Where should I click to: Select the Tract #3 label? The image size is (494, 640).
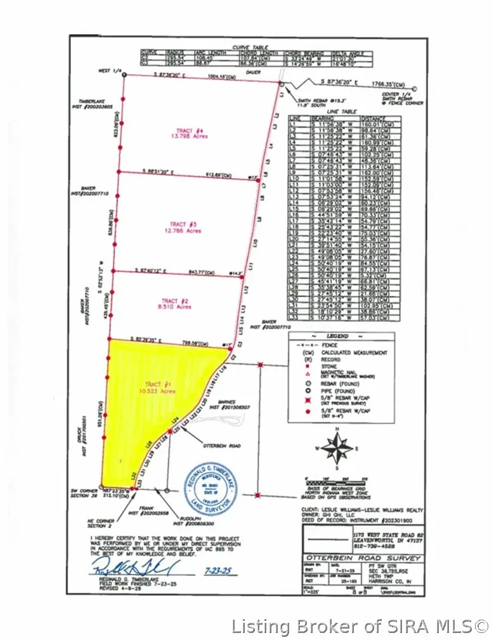tap(185, 227)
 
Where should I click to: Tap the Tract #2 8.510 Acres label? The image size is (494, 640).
tap(176, 303)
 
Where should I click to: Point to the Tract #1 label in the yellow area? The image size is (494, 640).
tap(160, 388)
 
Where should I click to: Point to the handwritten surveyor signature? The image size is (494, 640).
tap(127, 564)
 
